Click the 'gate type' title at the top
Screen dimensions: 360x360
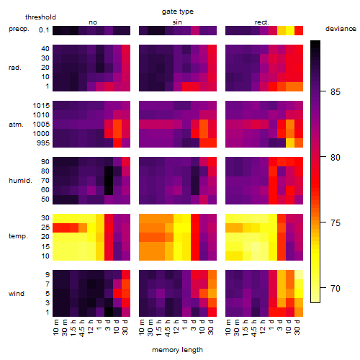(x=178, y=12)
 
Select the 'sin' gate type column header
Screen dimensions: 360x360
(x=177, y=22)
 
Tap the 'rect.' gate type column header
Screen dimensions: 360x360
(x=261, y=22)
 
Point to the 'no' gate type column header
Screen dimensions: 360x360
(x=93, y=22)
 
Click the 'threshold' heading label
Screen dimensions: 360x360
(x=40, y=17)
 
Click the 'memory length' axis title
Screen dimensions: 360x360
(x=177, y=350)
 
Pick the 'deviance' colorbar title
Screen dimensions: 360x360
(x=341, y=29)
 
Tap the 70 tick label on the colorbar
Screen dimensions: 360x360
(x=336, y=288)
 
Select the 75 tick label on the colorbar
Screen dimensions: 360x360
(x=336, y=223)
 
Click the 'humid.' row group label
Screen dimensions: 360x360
(x=20, y=181)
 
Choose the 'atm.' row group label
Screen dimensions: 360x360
(x=16, y=125)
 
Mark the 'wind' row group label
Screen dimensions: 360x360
(x=17, y=294)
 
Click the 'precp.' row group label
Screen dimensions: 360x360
(x=19, y=29)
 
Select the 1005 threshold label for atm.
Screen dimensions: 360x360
(x=41, y=125)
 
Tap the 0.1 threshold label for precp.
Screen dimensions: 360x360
(x=44, y=30)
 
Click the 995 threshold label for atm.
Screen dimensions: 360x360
(x=43, y=143)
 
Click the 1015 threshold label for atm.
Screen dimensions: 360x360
(x=41, y=106)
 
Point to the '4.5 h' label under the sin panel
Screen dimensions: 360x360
(x=168, y=328)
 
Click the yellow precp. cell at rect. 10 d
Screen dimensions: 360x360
(x=290, y=30)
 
